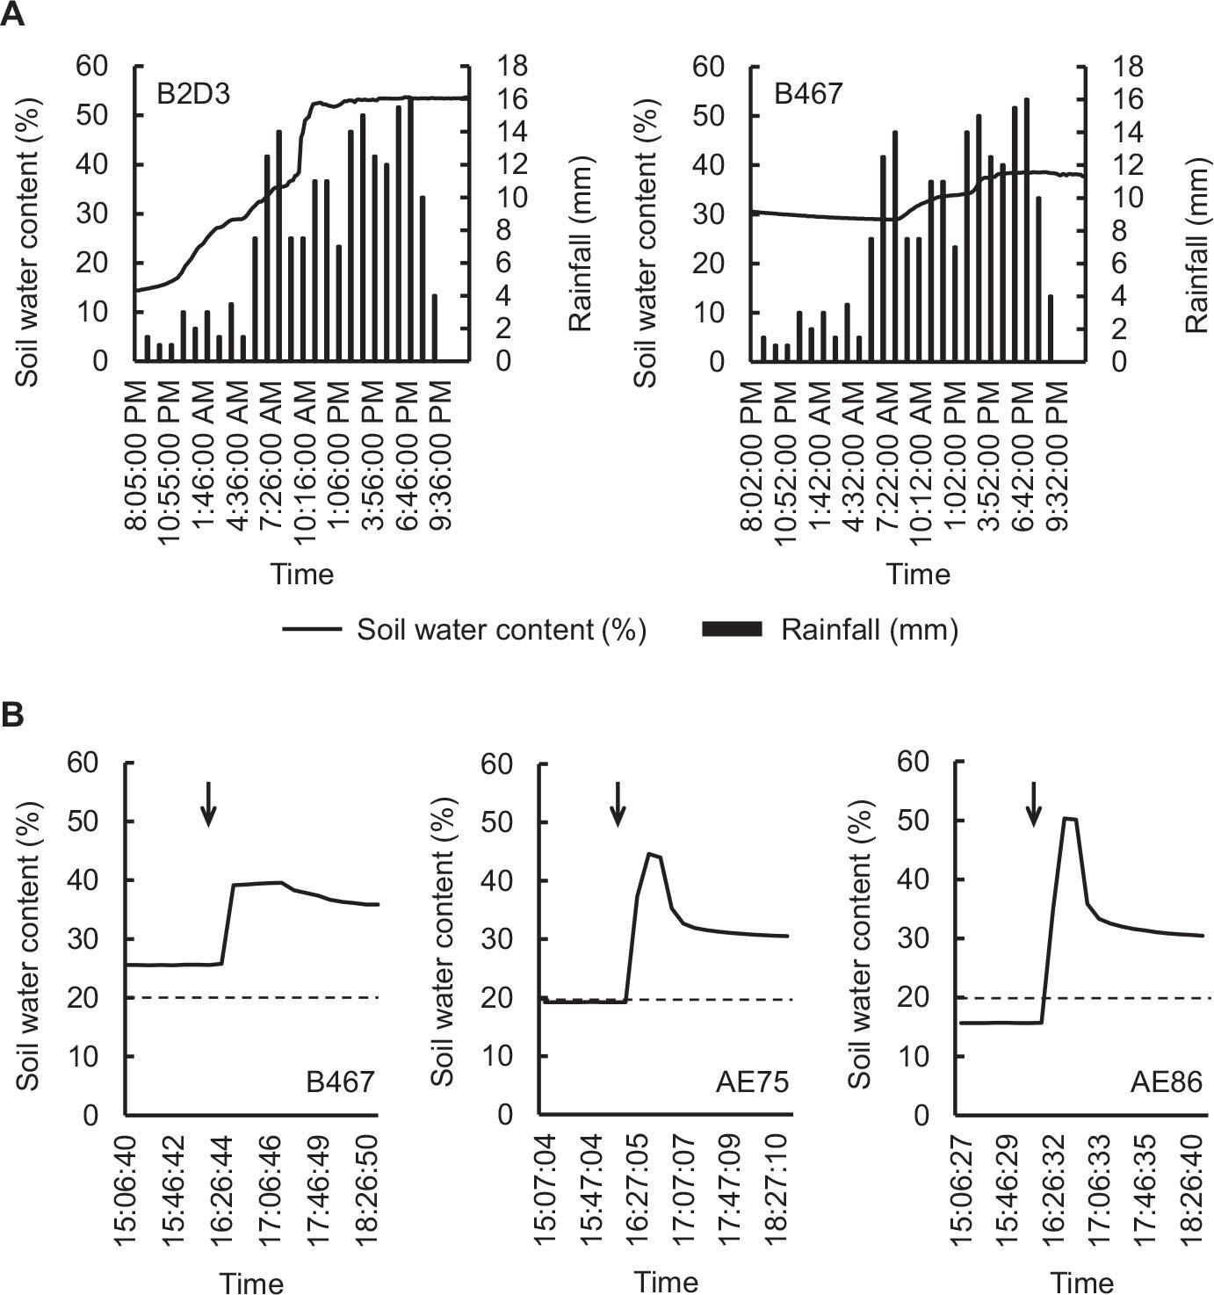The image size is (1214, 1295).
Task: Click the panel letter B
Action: (x=12, y=714)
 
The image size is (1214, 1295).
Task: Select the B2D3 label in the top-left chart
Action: (x=193, y=93)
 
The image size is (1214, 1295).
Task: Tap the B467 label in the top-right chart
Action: (x=808, y=93)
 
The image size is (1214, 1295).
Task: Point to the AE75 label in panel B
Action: (x=752, y=1082)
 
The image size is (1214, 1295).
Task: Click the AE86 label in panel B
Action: (x=1166, y=1082)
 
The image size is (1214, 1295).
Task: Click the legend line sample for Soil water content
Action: (x=311, y=629)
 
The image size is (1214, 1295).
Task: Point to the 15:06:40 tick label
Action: (x=126, y=1188)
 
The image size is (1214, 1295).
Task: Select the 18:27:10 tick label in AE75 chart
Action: (x=777, y=1188)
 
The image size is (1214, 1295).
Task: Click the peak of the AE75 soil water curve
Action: (x=650, y=854)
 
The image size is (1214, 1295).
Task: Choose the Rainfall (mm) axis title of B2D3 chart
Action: (x=580, y=243)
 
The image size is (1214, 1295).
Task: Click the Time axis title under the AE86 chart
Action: (x=1082, y=1283)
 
